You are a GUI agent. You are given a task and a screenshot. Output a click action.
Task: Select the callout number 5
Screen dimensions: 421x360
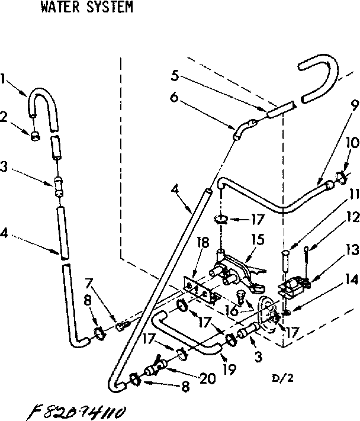(175, 75)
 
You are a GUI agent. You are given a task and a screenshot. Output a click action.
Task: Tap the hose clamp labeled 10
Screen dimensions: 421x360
(342, 176)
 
